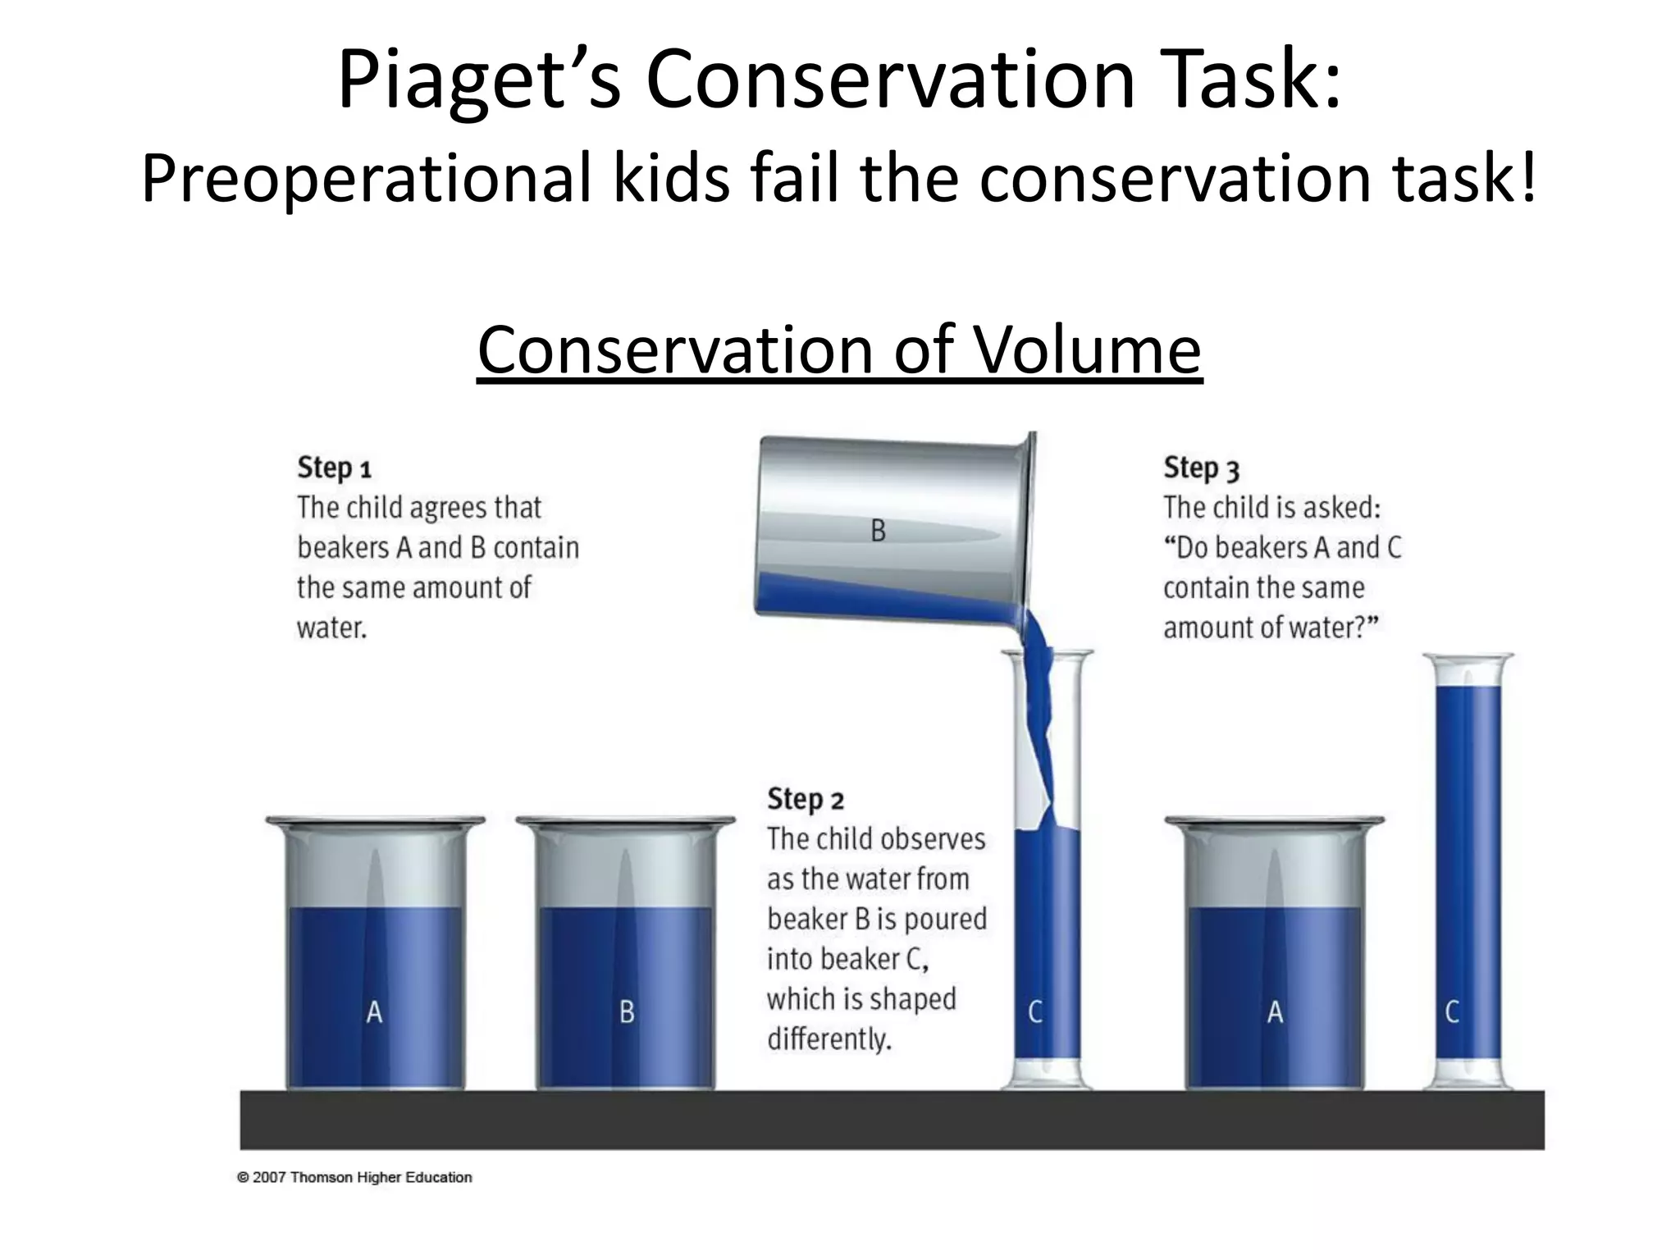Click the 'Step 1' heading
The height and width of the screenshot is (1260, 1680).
334,468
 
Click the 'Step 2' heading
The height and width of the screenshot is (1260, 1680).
805,799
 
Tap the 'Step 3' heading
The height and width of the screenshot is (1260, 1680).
1201,468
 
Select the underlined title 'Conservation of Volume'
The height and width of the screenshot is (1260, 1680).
839,350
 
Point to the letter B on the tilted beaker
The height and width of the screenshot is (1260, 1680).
878,531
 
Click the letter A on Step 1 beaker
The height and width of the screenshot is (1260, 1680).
374,1012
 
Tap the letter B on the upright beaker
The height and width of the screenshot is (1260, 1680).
627,1012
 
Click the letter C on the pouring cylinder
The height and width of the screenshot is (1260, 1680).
1035,1012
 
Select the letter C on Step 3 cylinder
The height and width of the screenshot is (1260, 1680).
1452,1012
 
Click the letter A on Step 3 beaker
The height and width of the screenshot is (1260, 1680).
1275,1012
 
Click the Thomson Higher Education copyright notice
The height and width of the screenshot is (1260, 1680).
354,1177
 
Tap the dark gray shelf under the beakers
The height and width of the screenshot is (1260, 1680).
892,1120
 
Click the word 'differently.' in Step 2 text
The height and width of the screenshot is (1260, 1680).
829,1039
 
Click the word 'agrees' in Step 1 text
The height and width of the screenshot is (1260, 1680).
423,509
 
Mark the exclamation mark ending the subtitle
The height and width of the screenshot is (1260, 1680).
1527,179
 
